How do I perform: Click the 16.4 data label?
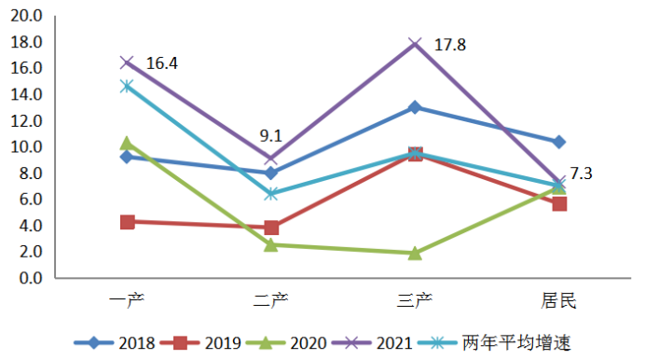(162, 63)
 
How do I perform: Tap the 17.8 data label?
(450, 45)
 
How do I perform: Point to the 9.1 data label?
(270, 136)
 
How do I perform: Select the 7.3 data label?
(581, 173)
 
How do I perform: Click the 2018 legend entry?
(115, 342)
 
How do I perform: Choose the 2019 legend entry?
(200, 342)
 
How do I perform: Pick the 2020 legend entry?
(286, 342)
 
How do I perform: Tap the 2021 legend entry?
(372, 342)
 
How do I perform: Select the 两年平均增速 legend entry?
(494, 342)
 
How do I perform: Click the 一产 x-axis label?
(127, 300)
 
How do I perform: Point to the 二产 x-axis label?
(270, 300)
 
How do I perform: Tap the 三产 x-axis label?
(415, 300)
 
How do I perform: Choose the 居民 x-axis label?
(558, 300)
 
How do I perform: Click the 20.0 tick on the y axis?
(26, 16)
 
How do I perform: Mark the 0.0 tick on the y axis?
(31, 278)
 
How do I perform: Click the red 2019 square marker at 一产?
(128, 222)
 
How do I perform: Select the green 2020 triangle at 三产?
(415, 253)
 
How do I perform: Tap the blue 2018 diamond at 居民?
(559, 143)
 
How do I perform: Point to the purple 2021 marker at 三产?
(415, 44)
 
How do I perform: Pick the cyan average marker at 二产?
(271, 193)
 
